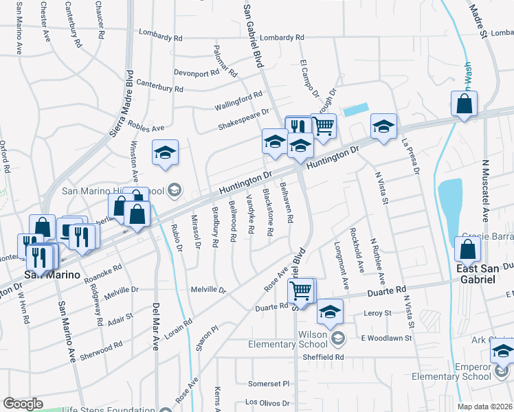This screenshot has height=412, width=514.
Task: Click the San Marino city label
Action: click(x=52, y=275)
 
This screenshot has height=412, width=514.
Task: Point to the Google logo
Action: click(x=23, y=404)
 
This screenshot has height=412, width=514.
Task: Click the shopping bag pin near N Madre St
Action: click(x=465, y=105)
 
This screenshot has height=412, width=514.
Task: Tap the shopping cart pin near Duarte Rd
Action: click(x=301, y=291)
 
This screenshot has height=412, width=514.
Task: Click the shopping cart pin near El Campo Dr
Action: click(x=324, y=126)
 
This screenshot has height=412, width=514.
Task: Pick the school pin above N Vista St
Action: click(x=384, y=126)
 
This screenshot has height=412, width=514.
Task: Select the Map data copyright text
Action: click(x=484, y=407)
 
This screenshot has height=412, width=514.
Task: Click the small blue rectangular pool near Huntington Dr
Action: click(x=355, y=109)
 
